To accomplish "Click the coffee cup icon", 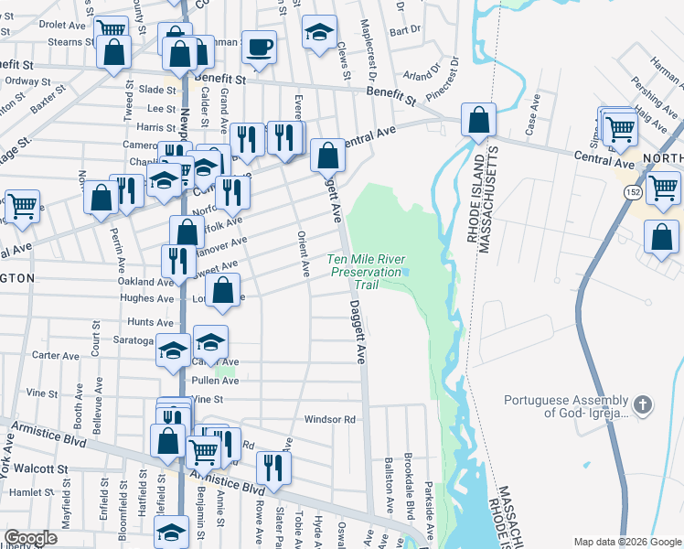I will click(x=259, y=46).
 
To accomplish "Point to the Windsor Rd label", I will click(x=328, y=420).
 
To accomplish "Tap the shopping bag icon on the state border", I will click(x=478, y=119).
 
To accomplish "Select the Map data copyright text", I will click(x=626, y=542).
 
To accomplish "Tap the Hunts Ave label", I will click(x=150, y=322).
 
